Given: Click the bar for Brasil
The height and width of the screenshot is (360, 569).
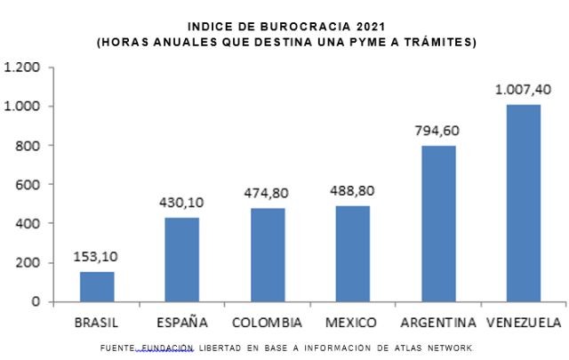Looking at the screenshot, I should (x=97, y=286).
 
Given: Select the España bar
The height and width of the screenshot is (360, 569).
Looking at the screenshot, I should (x=182, y=260).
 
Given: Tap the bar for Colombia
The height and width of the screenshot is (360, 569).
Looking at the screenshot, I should (x=268, y=255).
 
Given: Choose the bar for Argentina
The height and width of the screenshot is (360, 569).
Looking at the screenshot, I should (x=438, y=223).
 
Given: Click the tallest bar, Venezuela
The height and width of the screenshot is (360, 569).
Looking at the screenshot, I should (x=523, y=203).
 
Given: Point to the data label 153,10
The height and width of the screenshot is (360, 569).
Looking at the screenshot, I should (x=97, y=257).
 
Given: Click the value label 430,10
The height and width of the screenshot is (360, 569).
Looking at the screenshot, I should (x=182, y=203).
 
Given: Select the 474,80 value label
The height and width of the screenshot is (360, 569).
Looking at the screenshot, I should (x=268, y=193).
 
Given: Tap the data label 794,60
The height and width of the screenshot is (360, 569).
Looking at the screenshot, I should (x=438, y=131).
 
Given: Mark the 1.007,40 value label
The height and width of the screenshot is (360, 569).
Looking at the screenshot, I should (x=523, y=89).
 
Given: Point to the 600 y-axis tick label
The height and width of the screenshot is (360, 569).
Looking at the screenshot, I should (x=29, y=185).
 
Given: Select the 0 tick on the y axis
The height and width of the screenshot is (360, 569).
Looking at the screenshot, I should (x=36, y=301).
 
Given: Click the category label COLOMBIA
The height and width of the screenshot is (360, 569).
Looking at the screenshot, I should (x=267, y=322).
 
